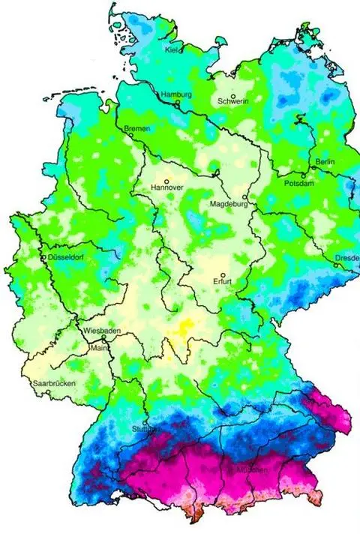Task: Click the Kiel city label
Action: click(x=171, y=50)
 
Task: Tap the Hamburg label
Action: click(x=176, y=95)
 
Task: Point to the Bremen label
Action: click(x=136, y=129)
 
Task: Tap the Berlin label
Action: click(x=325, y=162)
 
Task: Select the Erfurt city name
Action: click(x=223, y=283)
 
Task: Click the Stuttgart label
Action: click(x=145, y=429)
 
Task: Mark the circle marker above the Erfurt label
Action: click(x=223, y=274)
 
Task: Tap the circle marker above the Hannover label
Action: click(x=166, y=181)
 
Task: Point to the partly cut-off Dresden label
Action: click(x=346, y=258)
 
